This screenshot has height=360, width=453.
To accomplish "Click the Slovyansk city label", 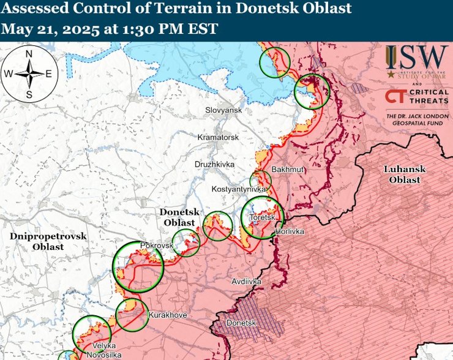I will coord(224,110).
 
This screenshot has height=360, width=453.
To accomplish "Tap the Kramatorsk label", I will coord(218,138).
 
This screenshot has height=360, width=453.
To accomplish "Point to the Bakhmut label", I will coord(287,169).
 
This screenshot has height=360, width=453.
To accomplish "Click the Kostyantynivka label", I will coord(239,190).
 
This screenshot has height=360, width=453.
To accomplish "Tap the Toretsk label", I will coord(261,217).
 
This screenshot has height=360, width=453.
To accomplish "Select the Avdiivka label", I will coord(247,282).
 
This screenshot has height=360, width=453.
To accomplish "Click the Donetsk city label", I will coord(239,322).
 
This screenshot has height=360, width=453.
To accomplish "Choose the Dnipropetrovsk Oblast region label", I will coord(48,241).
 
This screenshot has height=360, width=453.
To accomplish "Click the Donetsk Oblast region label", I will coord(177,217).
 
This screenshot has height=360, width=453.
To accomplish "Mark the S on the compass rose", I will coord(29,94).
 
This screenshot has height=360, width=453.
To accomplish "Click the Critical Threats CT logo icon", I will coord(395,97).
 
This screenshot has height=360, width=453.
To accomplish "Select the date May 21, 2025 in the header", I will coord(51,29).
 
